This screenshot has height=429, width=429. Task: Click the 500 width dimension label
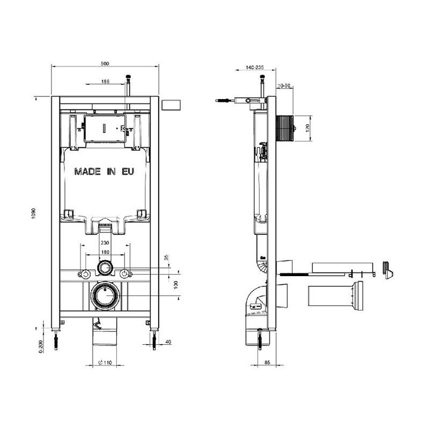point(105,63)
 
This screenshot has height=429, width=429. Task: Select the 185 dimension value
point(105,82)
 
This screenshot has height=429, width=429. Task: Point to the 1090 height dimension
point(34,213)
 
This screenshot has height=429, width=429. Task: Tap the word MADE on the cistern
point(87,172)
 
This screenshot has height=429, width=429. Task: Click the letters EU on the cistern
point(128,172)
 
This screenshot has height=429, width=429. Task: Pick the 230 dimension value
point(105,243)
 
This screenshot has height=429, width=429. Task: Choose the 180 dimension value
point(105,252)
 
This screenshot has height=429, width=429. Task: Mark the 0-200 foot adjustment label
point(41,346)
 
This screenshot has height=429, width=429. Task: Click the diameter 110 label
point(105,363)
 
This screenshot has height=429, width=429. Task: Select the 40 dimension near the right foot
point(168,342)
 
